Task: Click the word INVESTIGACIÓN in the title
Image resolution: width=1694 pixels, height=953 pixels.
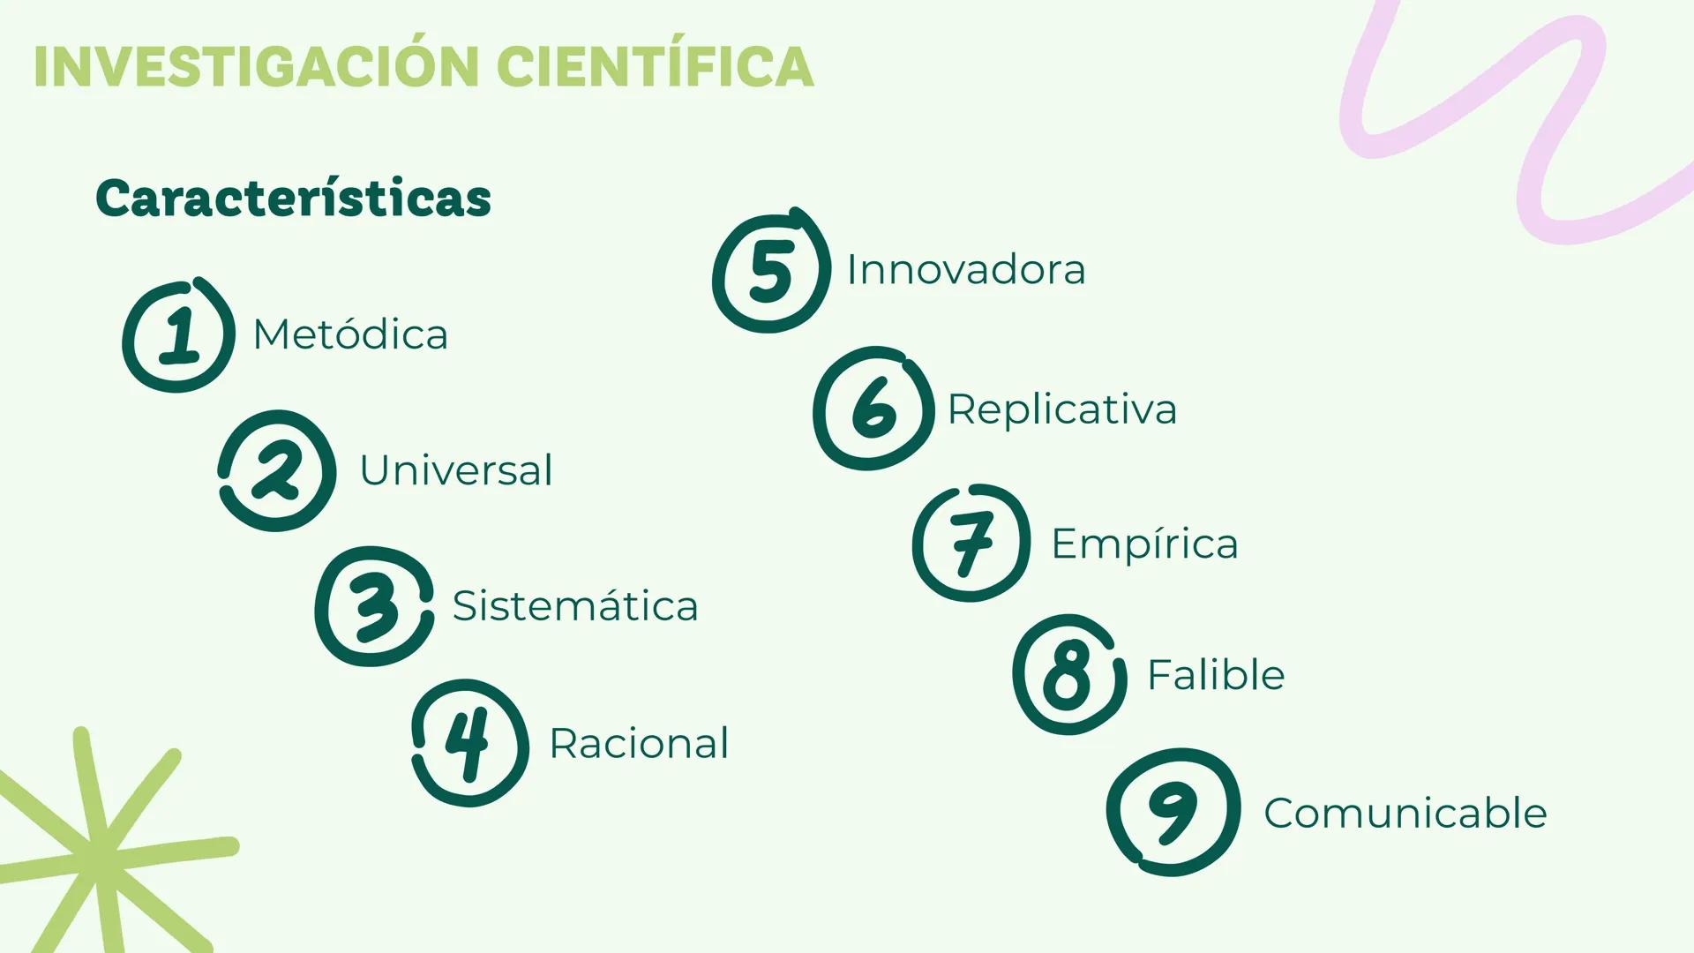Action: (257, 66)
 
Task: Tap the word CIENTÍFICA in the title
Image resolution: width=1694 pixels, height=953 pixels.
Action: (655, 66)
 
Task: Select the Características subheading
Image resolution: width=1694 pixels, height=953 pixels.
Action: (293, 199)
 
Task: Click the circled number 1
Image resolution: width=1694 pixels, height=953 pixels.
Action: (179, 335)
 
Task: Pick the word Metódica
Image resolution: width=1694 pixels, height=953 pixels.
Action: (350, 334)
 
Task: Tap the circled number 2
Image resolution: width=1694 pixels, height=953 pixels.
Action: (277, 470)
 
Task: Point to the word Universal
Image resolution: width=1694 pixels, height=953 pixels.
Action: (455, 469)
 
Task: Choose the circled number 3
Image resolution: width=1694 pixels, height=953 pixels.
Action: (374, 606)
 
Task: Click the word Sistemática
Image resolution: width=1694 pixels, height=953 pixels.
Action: (574, 605)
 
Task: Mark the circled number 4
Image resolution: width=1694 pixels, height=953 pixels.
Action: (469, 742)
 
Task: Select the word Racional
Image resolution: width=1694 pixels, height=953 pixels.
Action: (639, 743)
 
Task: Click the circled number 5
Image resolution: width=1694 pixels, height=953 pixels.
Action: (771, 272)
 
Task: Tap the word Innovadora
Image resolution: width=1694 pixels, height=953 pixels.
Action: (965, 269)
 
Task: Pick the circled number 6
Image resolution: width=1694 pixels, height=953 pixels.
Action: (873, 409)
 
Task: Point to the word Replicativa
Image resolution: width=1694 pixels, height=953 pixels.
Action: (1061, 409)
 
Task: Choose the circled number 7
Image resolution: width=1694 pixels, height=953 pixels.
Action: (971, 543)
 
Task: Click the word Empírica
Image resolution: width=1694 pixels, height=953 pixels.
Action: (1144, 544)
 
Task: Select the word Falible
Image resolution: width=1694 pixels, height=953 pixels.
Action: (1216, 675)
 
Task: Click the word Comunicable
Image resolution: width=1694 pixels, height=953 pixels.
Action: (1405, 813)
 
